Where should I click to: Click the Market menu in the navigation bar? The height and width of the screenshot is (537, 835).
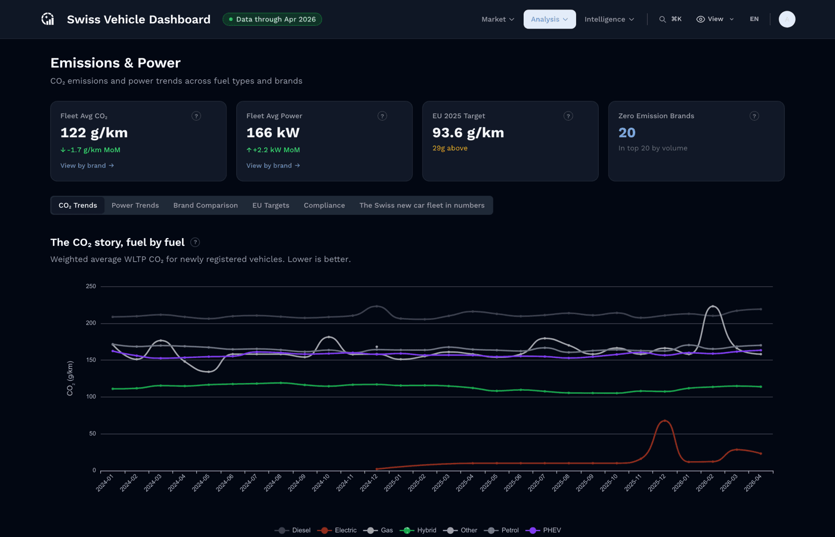(x=497, y=19)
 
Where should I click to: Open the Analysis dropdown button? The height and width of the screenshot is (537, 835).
(x=549, y=19)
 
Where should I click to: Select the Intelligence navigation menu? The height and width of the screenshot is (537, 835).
(x=609, y=19)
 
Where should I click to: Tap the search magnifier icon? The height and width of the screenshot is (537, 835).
(x=663, y=19)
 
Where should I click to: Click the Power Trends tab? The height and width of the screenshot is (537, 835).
(x=135, y=205)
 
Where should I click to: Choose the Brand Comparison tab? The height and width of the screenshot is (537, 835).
(x=205, y=205)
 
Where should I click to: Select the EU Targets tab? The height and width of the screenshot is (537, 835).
(x=271, y=205)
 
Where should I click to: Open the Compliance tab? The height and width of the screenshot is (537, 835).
(x=324, y=205)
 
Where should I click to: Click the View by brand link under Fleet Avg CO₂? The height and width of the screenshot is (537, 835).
(x=87, y=166)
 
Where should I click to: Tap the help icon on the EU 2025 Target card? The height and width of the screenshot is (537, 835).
(x=568, y=116)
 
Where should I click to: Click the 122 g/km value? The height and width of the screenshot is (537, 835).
(x=94, y=132)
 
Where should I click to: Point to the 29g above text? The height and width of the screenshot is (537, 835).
(x=450, y=148)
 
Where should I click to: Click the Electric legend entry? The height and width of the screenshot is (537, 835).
(x=337, y=530)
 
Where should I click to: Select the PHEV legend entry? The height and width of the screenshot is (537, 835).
(x=543, y=530)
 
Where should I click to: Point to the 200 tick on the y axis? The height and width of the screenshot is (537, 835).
(x=91, y=323)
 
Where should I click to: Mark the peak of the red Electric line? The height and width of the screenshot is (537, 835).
(x=664, y=421)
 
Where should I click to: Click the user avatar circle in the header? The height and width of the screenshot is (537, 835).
(x=787, y=19)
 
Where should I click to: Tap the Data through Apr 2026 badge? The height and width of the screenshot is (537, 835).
(x=272, y=19)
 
